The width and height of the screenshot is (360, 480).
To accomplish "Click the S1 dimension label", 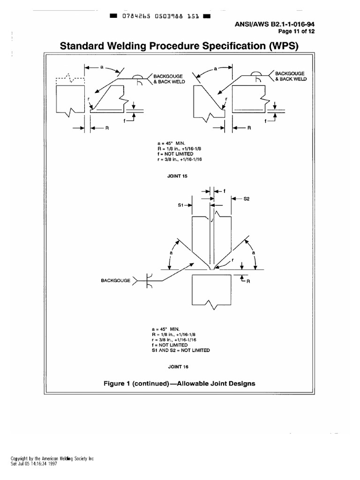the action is pyautogui.click(x=182, y=205).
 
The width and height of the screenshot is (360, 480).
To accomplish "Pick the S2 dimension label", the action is pyautogui.click(x=247, y=199).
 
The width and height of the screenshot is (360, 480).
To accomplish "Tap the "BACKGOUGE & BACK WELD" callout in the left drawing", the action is pyautogui.click(x=166, y=78).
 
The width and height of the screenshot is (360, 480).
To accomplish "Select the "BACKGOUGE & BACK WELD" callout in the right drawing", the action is pyautogui.click(x=291, y=76).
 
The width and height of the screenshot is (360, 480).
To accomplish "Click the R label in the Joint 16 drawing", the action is pyautogui.click(x=249, y=282).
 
